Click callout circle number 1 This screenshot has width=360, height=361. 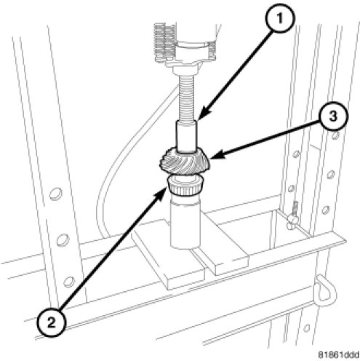[x=280, y=18]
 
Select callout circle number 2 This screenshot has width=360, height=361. [x=52, y=322]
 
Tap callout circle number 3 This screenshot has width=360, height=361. [x=333, y=116]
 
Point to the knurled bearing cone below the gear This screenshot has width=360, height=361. [x=185, y=185]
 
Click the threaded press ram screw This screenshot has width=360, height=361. [x=188, y=98]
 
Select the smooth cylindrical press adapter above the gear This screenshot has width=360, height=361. [x=186, y=136]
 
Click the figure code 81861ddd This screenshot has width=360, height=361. [x=338, y=354]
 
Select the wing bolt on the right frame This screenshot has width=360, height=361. [x=292, y=216]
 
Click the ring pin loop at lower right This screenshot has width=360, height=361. [x=326, y=288]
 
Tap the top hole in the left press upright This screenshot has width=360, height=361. [x=55, y=194]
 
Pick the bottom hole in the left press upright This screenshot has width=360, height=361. [x=69, y=282]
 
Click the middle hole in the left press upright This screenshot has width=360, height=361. [x=63, y=240]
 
